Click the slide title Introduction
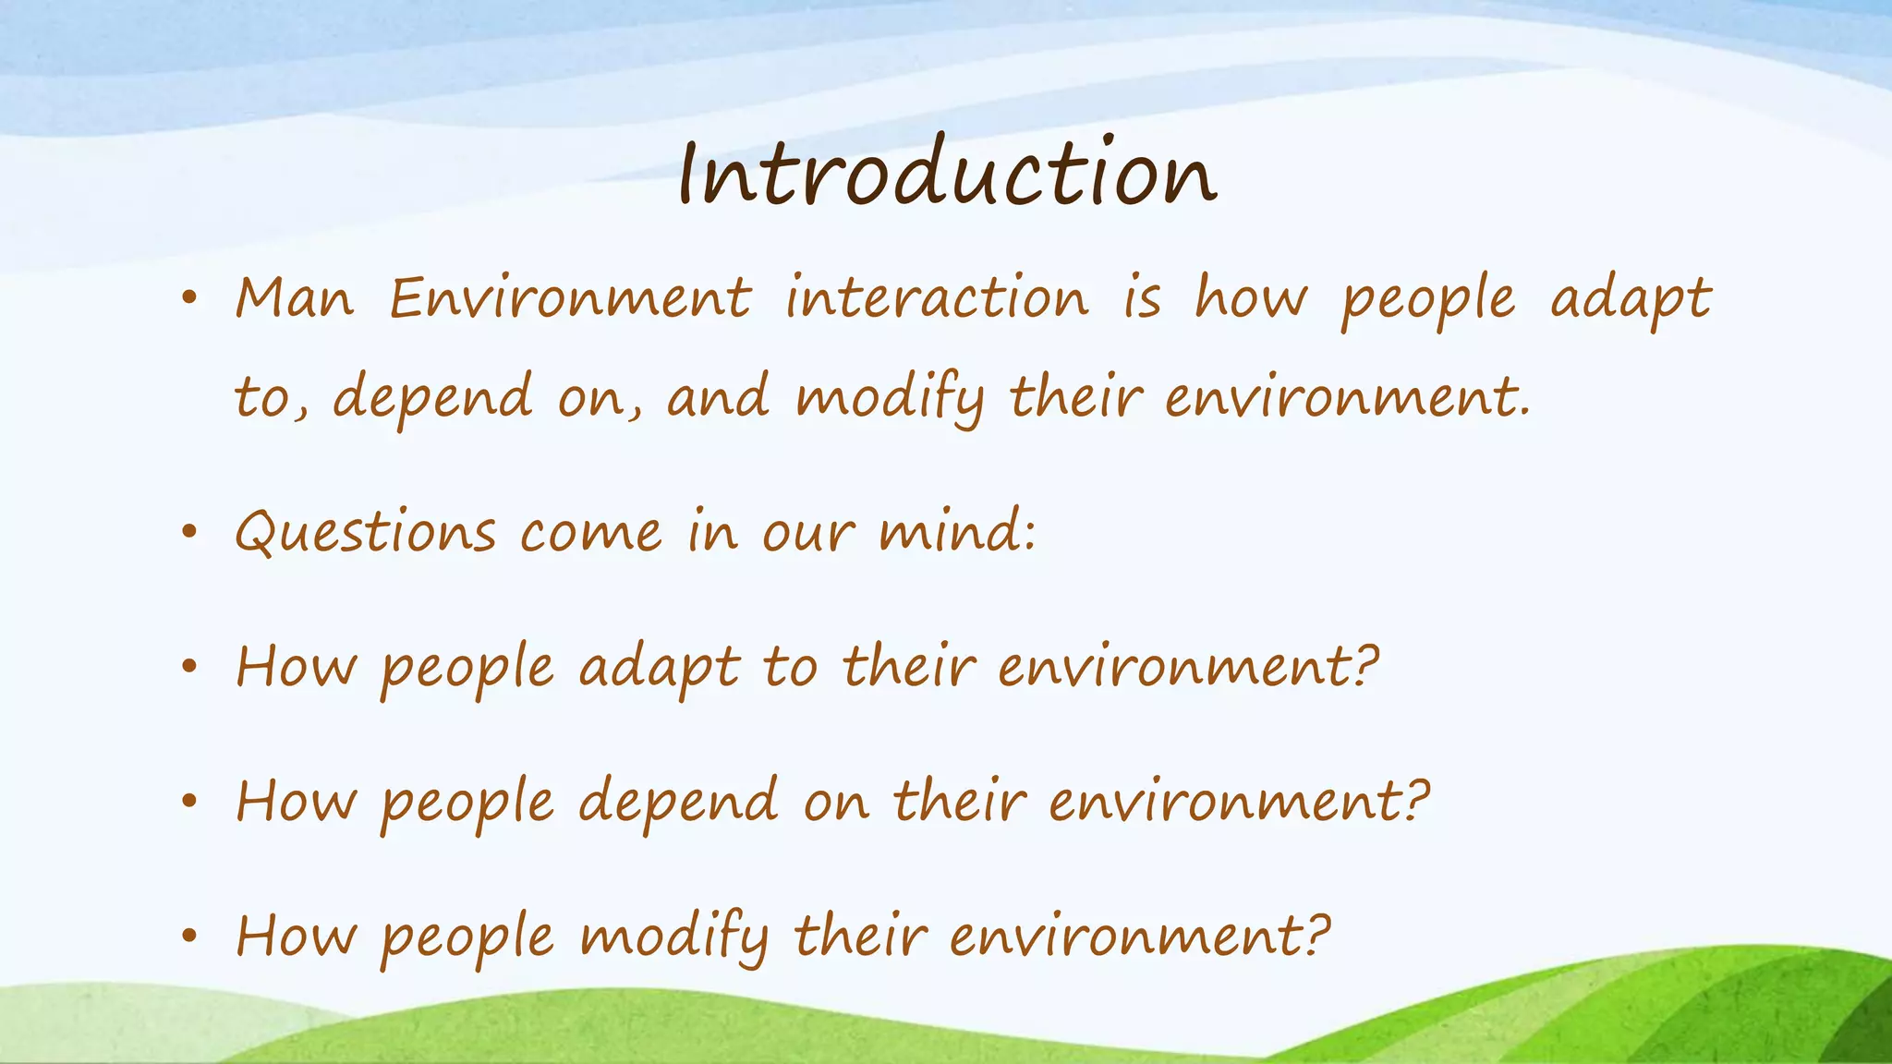coord(947,173)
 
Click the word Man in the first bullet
coord(295,299)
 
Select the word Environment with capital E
coord(570,299)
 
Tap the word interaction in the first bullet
coord(937,299)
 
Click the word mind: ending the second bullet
coord(957,533)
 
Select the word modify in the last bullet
coord(674,937)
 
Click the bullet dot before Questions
coord(189,533)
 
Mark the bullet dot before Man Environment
coord(189,298)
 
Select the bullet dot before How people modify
coord(189,937)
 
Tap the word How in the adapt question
coord(296,667)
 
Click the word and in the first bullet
coord(718,398)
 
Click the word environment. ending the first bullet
coord(1348,398)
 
